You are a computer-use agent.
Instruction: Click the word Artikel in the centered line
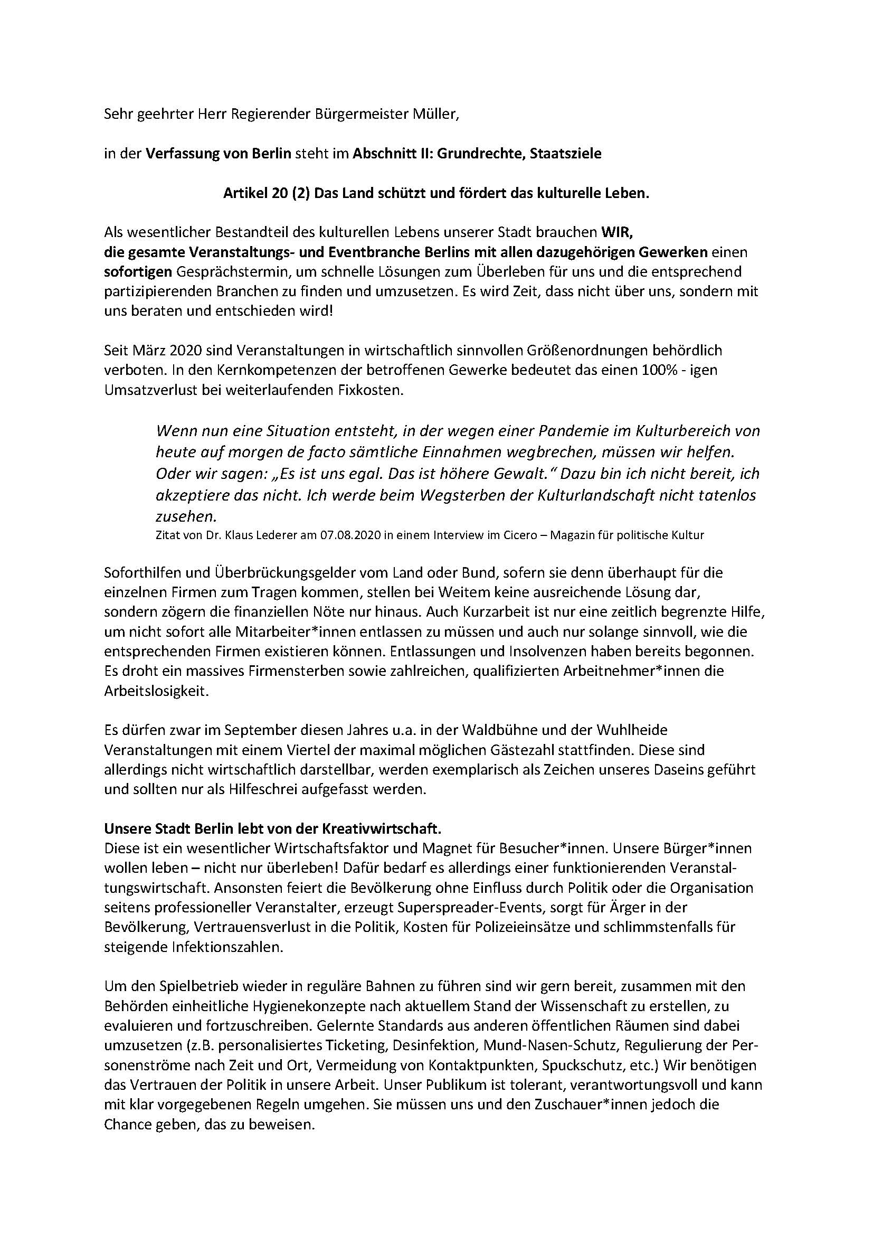coord(245,194)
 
